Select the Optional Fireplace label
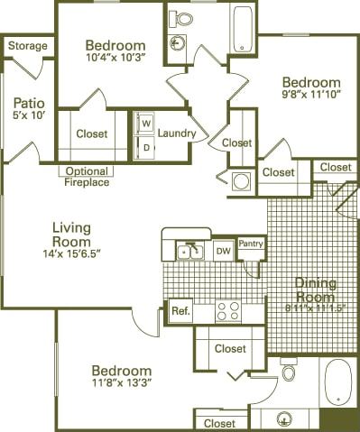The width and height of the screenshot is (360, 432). (x=88, y=177)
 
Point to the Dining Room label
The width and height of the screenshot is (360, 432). (x=315, y=290)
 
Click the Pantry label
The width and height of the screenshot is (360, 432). (x=251, y=244)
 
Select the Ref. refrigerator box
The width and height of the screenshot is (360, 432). (x=180, y=311)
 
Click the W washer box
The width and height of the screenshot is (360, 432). (x=144, y=124)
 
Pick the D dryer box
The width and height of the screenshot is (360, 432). (x=144, y=145)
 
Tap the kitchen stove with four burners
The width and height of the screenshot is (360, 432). (x=228, y=311)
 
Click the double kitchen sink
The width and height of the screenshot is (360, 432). (x=189, y=250)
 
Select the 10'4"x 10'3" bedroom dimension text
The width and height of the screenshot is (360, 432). (x=115, y=61)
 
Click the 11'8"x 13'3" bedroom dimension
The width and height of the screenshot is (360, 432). (x=120, y=385)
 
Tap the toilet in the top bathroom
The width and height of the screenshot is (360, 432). (x=181, y=18)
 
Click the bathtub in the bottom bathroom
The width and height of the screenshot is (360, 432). (x=338, y=382)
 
